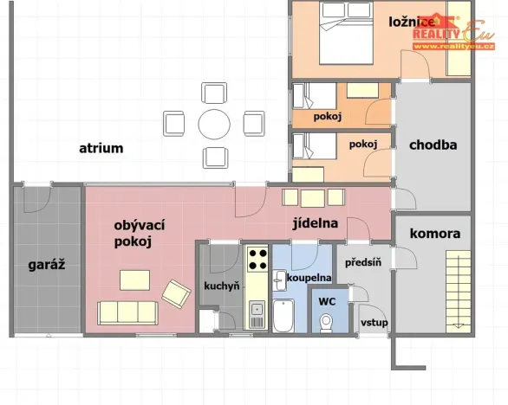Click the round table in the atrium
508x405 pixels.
[214, 125]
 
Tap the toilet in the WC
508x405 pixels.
[326, 323]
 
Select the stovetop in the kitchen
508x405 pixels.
[257, 259]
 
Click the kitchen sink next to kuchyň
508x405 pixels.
[257, 314]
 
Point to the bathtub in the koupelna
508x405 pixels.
[283, 315]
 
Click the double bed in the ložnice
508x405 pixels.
[346, 33]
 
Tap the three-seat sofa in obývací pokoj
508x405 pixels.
[127, 312]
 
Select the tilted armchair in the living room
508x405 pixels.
[176, 293]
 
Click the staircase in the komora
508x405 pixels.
[458, 292]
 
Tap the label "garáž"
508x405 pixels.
[47, 265]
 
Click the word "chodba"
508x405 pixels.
[433, 145]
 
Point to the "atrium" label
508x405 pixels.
[101, 149]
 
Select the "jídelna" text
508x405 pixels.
[316, 223]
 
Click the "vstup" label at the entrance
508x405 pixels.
[374, 323]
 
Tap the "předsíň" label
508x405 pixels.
[363, 262]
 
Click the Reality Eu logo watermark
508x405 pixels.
[453, 33]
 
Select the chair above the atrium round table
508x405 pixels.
[214, 93]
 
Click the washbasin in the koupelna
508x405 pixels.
[278, 280]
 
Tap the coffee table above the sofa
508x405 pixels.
[134, 280]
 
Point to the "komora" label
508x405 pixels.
[435, 234]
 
